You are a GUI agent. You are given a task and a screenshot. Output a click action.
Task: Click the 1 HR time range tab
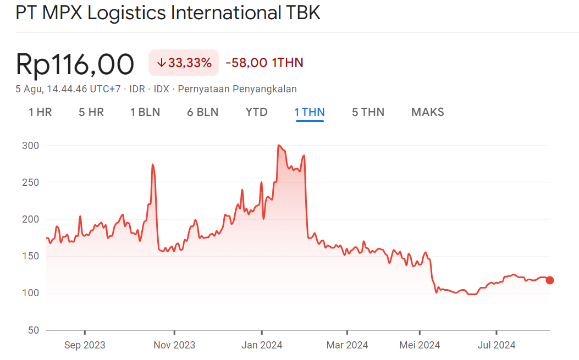coord(40,112)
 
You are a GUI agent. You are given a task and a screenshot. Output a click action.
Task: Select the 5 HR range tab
coord(91,112)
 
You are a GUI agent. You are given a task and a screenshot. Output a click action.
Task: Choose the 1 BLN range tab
coord(145,112)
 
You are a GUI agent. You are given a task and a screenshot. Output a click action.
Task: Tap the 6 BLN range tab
coord(203,112)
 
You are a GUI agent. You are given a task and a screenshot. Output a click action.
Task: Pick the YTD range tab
coord(256,112)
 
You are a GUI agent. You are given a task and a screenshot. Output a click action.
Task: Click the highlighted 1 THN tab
coord(310,112)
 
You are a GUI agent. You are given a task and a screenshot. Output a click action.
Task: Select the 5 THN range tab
coord(368,112)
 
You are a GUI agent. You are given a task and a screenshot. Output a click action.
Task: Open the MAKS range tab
coord(428,112)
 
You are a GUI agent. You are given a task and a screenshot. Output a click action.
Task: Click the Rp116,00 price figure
coord(75,64)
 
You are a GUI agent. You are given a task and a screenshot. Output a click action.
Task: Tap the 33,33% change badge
coord(184,63)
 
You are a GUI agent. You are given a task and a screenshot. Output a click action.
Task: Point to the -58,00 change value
coord(248,63)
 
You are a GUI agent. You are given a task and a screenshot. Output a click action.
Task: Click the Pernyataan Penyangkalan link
coord(238,89)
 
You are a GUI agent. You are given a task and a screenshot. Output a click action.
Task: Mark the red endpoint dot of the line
coord(550,280)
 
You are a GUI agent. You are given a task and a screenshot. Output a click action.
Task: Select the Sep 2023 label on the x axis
coord(85,345)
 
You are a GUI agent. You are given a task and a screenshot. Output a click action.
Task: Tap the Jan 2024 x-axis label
coord(262,345)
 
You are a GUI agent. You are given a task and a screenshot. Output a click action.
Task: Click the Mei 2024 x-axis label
coord(420,345)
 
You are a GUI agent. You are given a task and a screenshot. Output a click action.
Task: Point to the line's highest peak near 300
coord(279,146)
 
